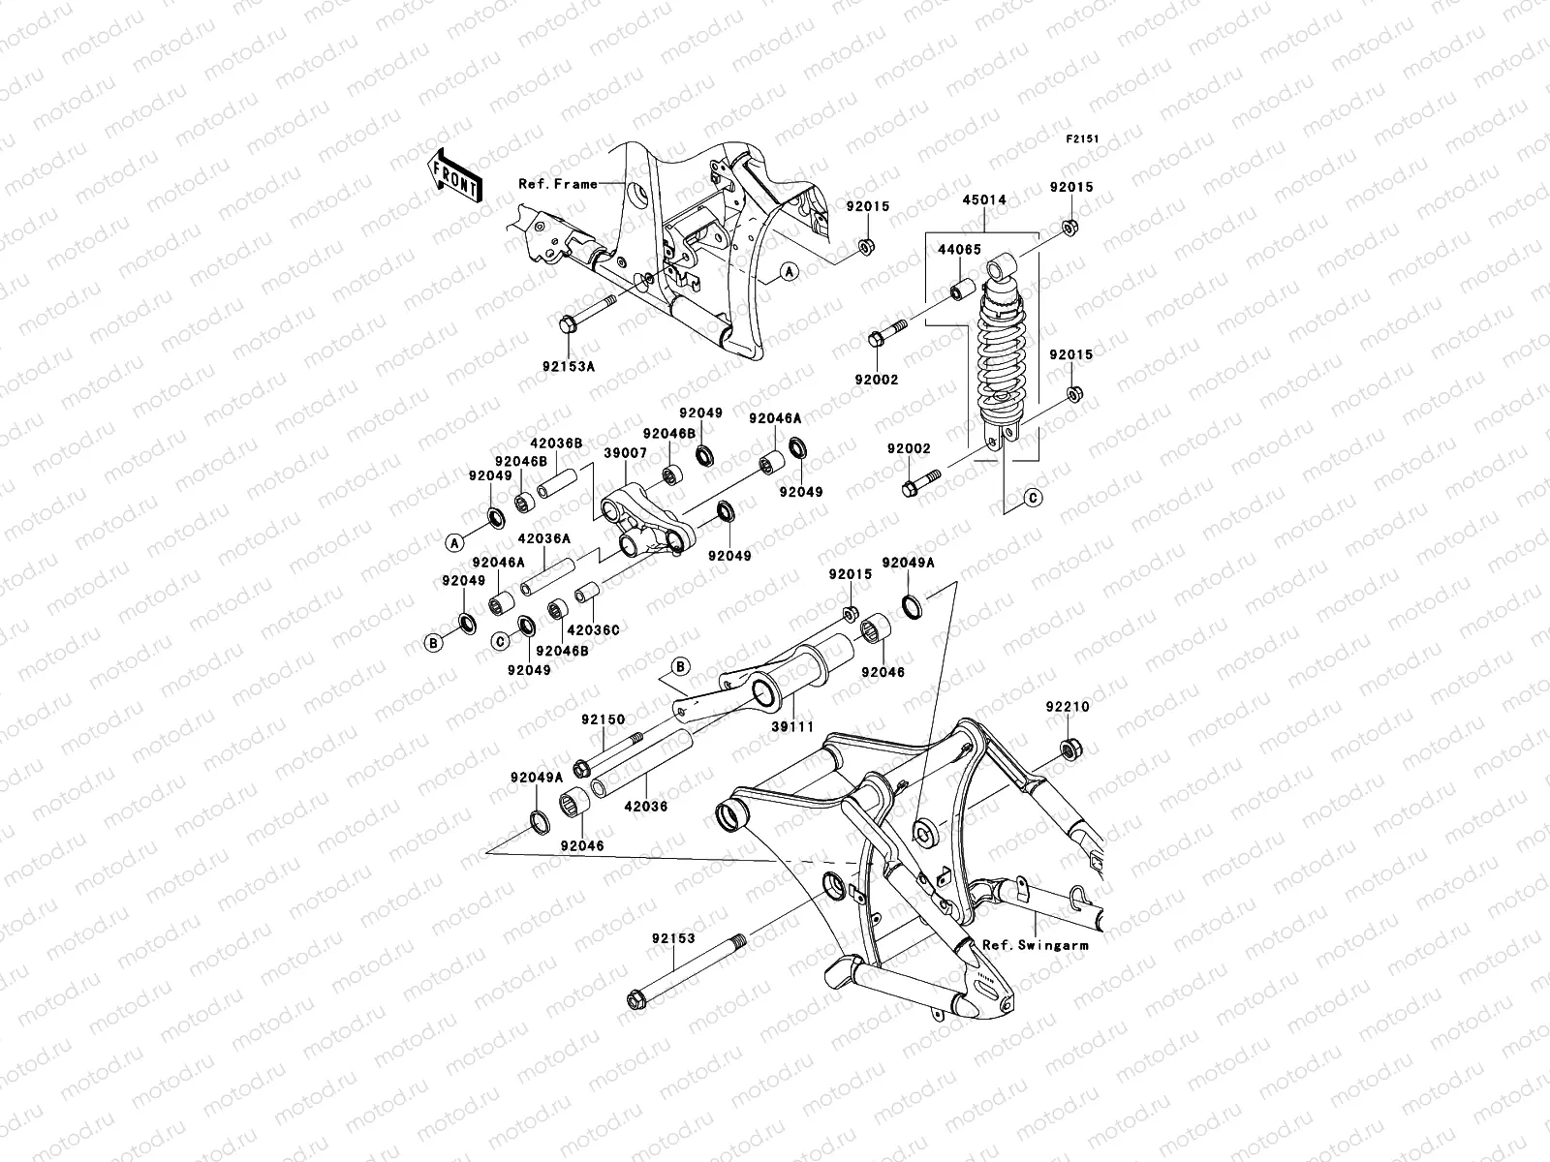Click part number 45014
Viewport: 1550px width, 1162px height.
[x=983, y=200]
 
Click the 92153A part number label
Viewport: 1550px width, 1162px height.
[x=570, y=367]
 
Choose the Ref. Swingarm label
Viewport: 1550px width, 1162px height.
[x=1035, y=944]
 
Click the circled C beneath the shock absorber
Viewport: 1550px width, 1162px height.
[x=1033, y=498]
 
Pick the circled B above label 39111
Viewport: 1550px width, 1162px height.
[x=680, y=666]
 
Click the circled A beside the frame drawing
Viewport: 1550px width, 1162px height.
[x=790, y=273]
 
